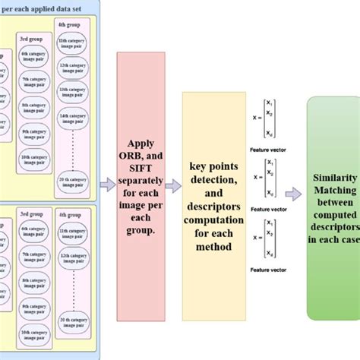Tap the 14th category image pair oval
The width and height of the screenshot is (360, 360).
click(77, 116)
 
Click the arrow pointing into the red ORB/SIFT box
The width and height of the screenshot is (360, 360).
click(107, 183)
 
